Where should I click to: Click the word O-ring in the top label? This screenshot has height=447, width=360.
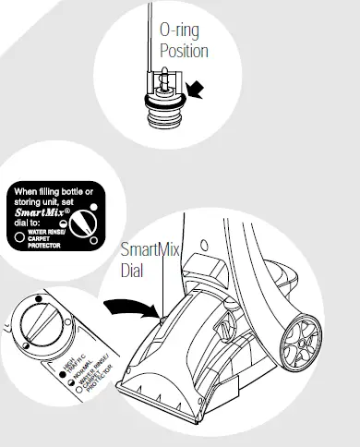[x=180, y=30]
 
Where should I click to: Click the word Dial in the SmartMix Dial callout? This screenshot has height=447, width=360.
[x=134, y=272]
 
